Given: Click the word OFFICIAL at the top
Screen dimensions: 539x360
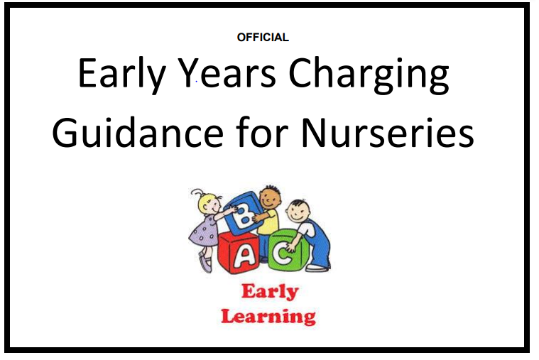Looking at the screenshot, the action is pos(263,37).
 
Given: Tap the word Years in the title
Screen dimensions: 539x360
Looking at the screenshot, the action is pos(227,73).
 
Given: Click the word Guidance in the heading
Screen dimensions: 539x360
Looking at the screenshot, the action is pos(138,132).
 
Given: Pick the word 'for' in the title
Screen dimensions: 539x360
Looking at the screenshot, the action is pos(262,131).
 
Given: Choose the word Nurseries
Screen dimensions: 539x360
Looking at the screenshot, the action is pos(388,132).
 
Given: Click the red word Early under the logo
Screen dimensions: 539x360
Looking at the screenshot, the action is pos(270,292).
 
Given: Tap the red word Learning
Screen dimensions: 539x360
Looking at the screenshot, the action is pos(268,317).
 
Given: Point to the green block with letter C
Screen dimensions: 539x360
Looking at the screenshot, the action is pos(288,251).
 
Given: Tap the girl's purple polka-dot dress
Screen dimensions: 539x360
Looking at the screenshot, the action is pos(203,231).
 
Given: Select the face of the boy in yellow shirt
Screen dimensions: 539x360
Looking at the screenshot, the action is pos(270,197).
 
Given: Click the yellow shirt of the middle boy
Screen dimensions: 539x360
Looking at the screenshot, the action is pos(268,222).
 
